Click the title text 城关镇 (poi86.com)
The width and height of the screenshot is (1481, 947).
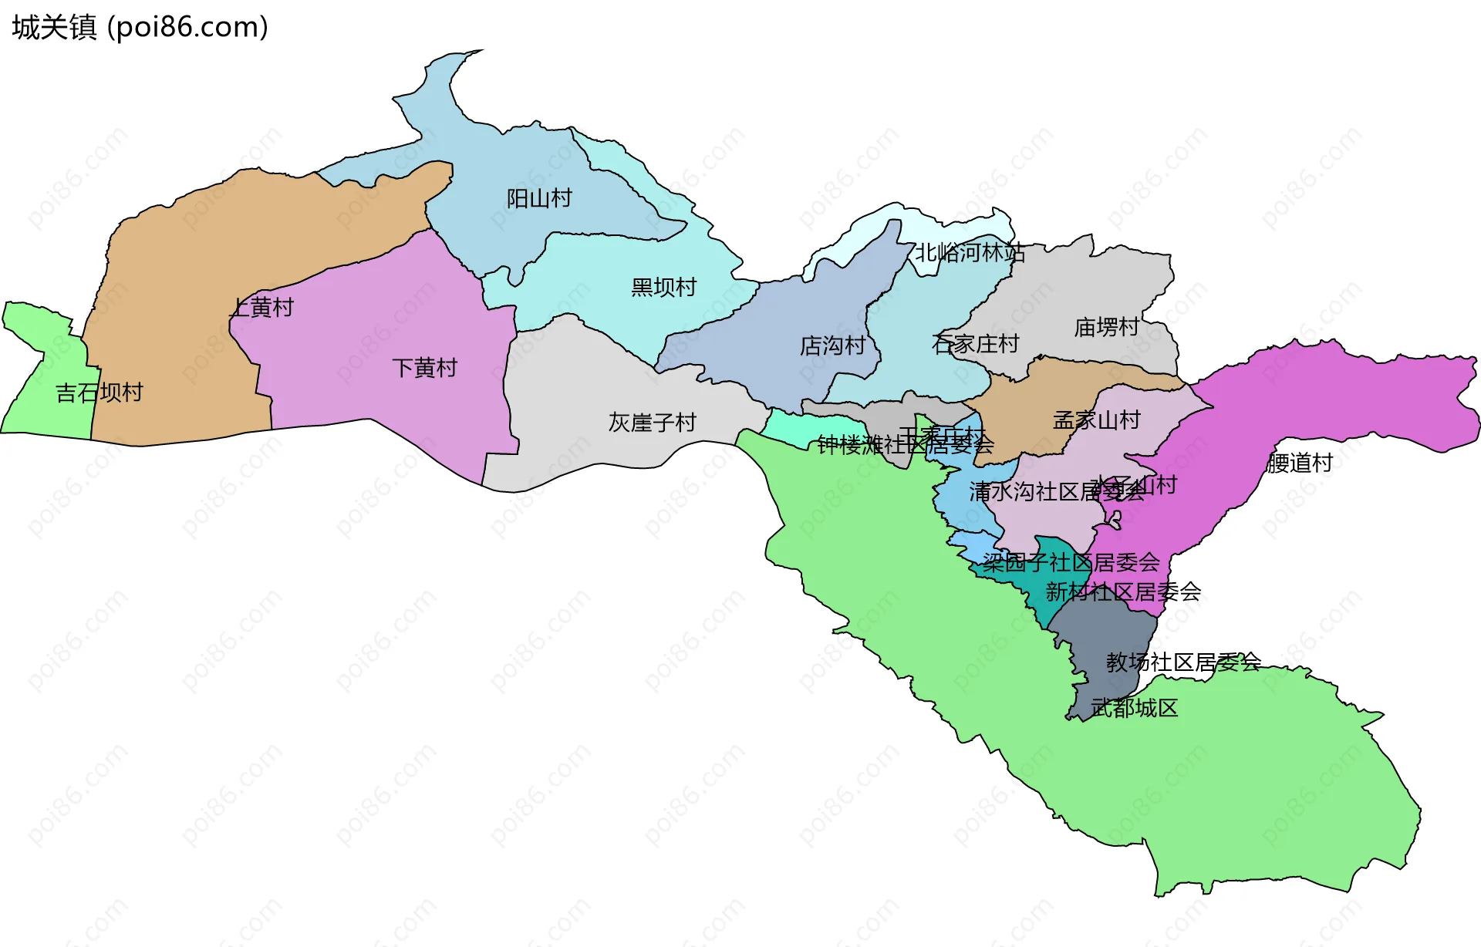pos(140,27)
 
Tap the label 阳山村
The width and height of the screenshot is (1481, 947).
pos(539,199)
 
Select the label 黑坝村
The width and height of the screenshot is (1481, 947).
pos(663,288)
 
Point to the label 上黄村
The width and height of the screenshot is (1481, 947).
pos(262,308)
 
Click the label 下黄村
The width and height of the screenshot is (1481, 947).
pos(424,368)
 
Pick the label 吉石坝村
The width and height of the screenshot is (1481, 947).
pos(99,393)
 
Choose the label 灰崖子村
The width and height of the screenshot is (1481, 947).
pos(652,423)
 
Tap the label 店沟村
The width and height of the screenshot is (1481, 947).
pos(832,345)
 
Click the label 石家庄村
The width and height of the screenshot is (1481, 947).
pos(975,344)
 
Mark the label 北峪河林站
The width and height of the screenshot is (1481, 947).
pos(970,253)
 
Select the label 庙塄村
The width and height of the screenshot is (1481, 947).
pos(1106,328)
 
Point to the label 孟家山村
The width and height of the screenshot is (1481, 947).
pos(1096,420)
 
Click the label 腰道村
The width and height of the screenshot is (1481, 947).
pos(1300,463)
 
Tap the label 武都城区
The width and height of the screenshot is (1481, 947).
pos(1134,708)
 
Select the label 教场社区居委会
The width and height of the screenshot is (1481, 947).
pos(1182,662)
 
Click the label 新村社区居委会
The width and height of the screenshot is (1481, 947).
pos(1122,592)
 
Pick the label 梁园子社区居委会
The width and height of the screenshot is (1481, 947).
pos(1071,562)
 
